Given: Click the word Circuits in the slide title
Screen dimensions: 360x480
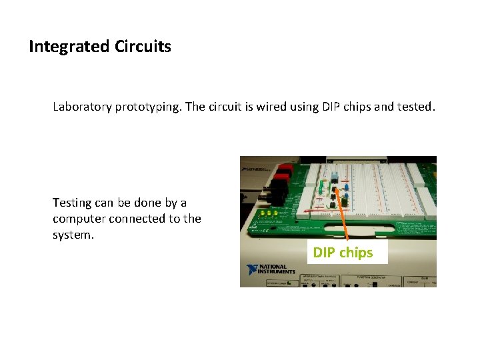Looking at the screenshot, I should click(x=143, y=47).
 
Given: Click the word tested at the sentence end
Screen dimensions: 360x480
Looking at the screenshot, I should click(x=415, y=107).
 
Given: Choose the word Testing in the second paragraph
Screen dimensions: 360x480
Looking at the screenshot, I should click(x=71, y=203).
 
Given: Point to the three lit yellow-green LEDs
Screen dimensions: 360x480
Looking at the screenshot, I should click(x=269, y=214).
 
